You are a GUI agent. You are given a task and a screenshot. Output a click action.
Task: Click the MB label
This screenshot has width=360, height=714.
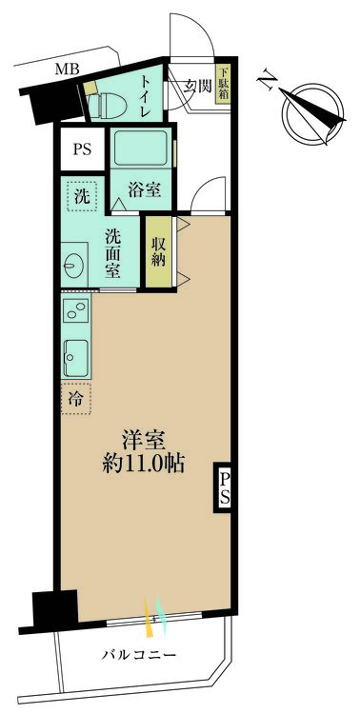point(67,69)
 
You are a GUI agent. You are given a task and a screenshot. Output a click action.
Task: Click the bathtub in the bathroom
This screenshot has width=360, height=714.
point(143,149)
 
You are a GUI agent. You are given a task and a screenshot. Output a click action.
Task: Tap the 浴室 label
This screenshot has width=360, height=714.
point(146,189)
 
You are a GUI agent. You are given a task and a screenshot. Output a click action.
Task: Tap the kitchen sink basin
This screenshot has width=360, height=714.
point(76,357)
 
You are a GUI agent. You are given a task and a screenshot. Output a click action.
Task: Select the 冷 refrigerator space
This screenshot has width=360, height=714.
point(77,398)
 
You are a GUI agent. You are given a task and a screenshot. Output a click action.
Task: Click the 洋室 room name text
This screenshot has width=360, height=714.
point(144,441)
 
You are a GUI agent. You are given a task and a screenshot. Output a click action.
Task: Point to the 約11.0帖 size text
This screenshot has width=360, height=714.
point(144,466)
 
